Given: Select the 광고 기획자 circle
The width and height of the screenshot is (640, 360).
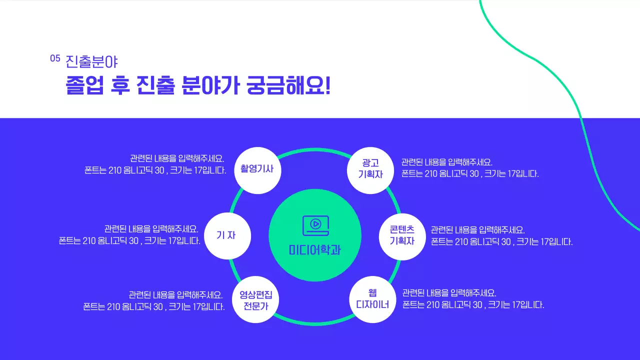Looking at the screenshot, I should click(370, 169).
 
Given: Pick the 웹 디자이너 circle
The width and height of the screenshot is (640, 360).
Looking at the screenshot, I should click(372, 298).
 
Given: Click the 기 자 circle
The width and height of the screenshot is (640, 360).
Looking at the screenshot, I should click(226, 235).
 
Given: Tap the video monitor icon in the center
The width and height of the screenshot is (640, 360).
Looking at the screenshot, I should click(315, 225).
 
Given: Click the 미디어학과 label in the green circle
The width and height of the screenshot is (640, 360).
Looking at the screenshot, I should click(315, 249).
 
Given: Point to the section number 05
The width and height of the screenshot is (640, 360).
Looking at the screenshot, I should click(55, 58).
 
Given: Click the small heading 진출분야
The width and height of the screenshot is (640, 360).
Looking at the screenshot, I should click(91, 61).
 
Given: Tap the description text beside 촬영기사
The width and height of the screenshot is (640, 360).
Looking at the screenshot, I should click(155, 164).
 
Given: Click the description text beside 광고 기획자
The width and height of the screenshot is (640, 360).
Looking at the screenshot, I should click(469, 168).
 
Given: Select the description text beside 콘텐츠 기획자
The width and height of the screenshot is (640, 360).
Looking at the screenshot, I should click(501, 235).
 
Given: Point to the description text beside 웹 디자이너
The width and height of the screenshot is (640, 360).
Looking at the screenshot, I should click(473, 299).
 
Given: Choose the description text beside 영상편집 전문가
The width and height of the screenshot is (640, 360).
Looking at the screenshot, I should click(154, 300).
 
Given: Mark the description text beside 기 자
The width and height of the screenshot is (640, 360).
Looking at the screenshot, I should click(129, 234).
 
